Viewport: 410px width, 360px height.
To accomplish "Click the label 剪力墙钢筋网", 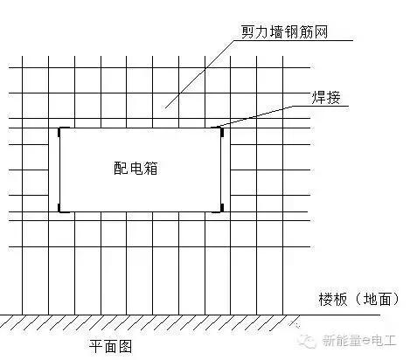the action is (x=285, y=31).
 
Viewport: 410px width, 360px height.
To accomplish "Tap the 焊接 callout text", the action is (x=326, y=98).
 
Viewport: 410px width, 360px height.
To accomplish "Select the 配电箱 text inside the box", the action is (x=136, y=168).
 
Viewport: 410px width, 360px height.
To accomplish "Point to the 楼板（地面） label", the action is (x=359, y=299).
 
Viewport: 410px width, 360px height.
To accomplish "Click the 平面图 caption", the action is (x=110, y=347).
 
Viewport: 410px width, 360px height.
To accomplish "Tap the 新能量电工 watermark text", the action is (x=359, y=340).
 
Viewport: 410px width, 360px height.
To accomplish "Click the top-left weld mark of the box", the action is (x=59, y=132).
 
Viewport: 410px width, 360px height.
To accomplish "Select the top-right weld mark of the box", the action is (x=222, y=132).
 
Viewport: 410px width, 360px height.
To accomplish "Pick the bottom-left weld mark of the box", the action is (x=59, y=208).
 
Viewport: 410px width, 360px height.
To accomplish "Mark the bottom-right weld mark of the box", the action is (x=222, y=208).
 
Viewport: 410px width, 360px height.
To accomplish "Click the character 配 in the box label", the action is (x=121, y=168).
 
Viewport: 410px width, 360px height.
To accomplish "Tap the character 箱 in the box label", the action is (x=150, y=168).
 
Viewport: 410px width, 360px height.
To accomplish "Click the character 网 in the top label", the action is (x=321, y=31).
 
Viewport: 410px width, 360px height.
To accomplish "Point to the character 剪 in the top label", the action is (x=248, y=31).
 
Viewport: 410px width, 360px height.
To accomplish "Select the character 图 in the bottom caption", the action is (x=125, y=347).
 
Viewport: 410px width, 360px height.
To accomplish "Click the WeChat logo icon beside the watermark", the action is (x=308, y=340).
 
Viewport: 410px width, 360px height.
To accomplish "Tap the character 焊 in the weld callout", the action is (x=319, y=98).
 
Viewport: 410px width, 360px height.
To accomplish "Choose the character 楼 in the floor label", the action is (x=326, y=299).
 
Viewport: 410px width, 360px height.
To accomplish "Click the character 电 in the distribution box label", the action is (x=136, y=168).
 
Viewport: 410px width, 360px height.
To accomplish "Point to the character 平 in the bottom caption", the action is (x=96, y=347).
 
